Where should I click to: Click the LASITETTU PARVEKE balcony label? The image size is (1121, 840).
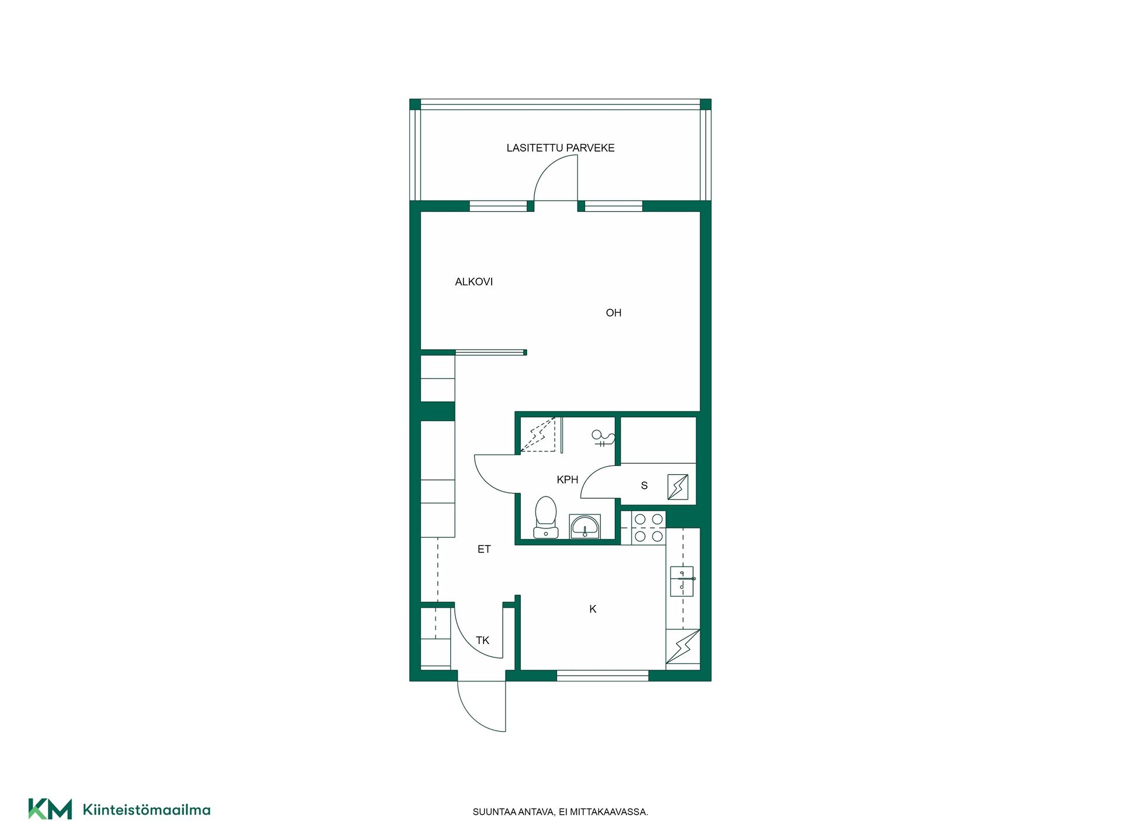click(x=560, y=148)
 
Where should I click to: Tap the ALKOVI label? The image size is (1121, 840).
click(x=474, y=282)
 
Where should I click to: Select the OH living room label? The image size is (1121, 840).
click(x=614, y=313)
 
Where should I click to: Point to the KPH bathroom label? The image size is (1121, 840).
click(x=568, y=480)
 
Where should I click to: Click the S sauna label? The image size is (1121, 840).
click(x=645, y=485)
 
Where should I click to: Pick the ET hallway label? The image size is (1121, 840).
click(x=484, y=549)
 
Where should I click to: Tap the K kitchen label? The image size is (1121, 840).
click(x=593, y=609)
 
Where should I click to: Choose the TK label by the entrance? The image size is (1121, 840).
click(x=482, y=640)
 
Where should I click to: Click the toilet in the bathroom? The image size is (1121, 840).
click(x=546, y=517)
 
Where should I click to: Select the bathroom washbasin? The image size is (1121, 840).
click(x=584, y=527)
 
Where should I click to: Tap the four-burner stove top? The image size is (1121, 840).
click(x=649, y=527)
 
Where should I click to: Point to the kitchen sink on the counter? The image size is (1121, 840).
click(x=682, y=581)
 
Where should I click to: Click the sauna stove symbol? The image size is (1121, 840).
click(x=678, y=487)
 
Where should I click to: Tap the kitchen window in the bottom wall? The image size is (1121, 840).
click(x=603, y=675)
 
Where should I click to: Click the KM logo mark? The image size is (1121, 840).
click(x=50, y=809)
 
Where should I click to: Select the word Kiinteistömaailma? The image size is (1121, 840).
click(x=147, y=810)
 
